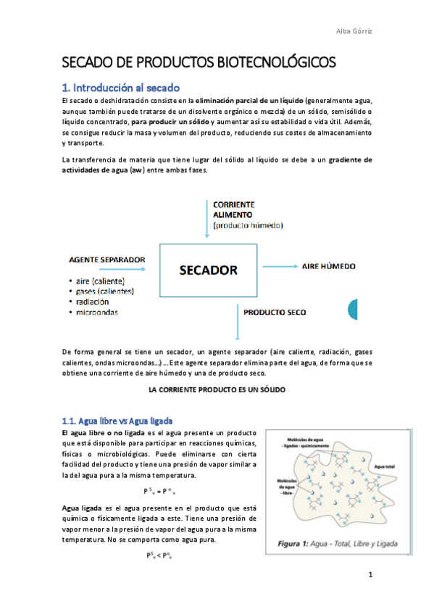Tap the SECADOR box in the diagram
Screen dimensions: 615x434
pyautogui.click(x=208, y=271)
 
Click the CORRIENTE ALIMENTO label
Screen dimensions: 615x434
pyautogui.click(x=233, y=210)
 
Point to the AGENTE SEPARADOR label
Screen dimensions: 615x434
pyautogui.click(x=107, y=259)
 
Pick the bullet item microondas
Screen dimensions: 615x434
pyautogui.click(x=96, y=312)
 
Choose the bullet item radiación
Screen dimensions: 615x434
pyautogui.click(x=91, y=302)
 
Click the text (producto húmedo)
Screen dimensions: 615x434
pyautogui.click(x=248, y=226)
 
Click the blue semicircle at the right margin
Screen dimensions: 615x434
pyautogui.click(x=353, y=308)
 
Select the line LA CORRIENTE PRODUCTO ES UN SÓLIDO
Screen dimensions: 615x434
pyautogui.click(x=217, y=389)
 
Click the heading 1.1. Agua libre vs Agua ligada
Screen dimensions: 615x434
pyautogui.click(x=117, y=421)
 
